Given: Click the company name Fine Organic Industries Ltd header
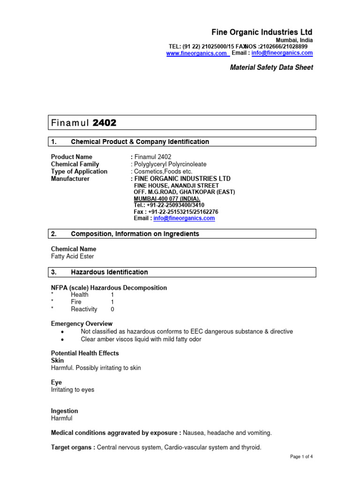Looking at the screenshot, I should pyautogui.click(x=262, y=32).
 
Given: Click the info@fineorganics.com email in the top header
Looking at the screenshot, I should pyautogui.click(x=282, y=53).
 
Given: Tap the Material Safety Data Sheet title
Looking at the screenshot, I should pyautogui.click(x=271, y=67).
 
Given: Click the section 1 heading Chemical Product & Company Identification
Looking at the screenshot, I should pyautogui.click(x=140, y=142).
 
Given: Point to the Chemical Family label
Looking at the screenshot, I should pyautogui.click(x=75, y=164).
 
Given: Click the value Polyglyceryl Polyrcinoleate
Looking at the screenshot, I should pyautogui.click(x=170, y=164).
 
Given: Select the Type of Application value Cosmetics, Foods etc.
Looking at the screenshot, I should pyautogui.click(x=163, y=172).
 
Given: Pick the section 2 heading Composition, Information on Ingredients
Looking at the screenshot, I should pyautogui.click(x=135, y=233).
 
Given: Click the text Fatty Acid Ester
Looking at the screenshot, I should pyautogui.click(x=72, y=256).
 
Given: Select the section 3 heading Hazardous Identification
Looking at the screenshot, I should pyautogui.click(x=109, y=272).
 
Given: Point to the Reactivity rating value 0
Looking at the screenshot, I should pyautogui.click(x=112, y=309).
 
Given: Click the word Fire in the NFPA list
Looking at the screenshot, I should pyautogui.click(x=76, y=302).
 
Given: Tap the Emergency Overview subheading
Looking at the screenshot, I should pyautogui.click(x=82, y=324).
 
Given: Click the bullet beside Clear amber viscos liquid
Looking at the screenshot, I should pyautogui.click(x=62, y=339).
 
